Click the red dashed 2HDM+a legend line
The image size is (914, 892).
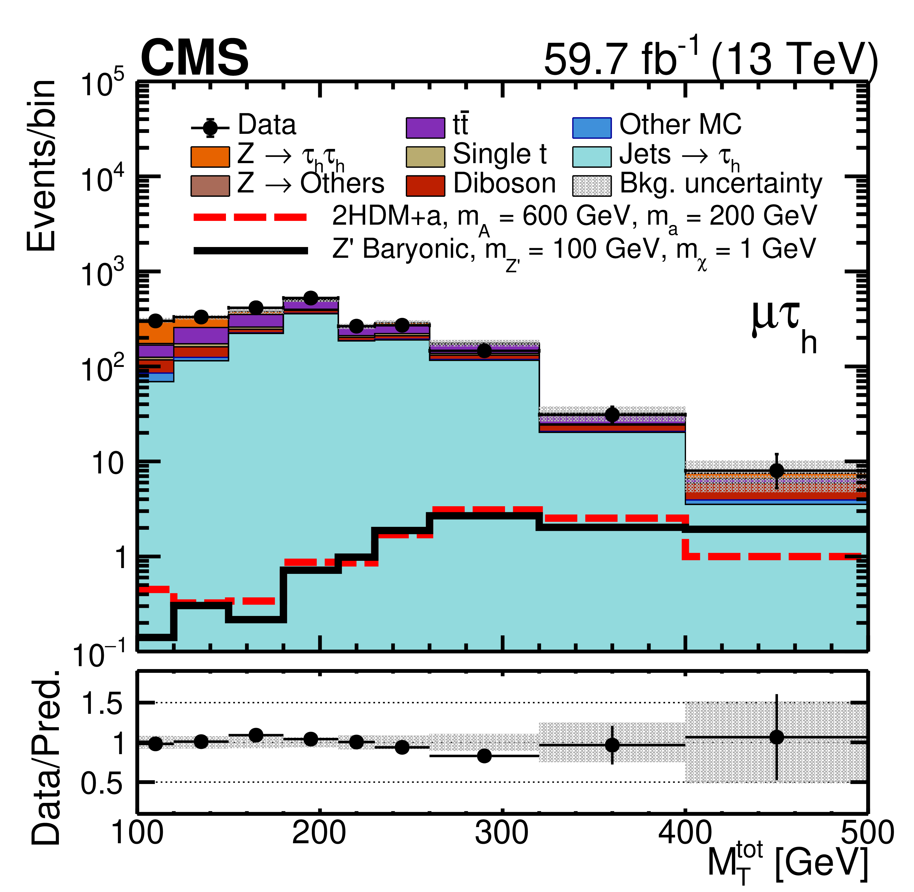coord(251,217)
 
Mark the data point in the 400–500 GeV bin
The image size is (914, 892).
coord(776,470)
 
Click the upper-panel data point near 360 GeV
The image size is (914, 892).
coord(612,415)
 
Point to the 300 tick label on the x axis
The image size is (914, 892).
coord(502,834)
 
